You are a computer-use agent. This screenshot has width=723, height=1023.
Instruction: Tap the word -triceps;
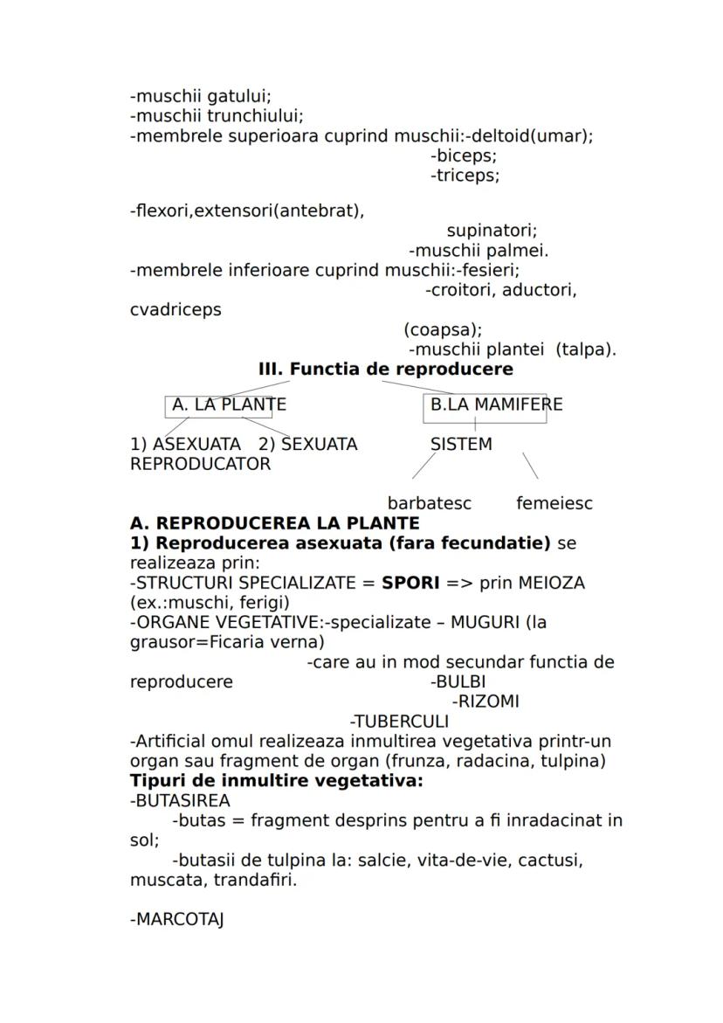(x=465, y=176)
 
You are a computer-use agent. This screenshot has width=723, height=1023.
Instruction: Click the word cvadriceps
(x=176, y=309)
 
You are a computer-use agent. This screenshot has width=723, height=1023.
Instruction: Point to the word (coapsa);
(x=443, y=329)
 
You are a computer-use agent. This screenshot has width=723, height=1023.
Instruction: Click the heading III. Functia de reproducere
(x=386, y=370)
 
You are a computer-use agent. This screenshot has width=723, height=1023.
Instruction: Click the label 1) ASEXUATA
(x=185, y=445)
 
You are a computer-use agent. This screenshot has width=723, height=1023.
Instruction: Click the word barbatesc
(x=429, y=504)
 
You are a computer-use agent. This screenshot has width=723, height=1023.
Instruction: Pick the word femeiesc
(x=554, y=504)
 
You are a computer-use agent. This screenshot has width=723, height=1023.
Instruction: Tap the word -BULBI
(x=458, y=682)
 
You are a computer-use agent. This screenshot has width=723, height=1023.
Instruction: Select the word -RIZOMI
(x=485, y=702)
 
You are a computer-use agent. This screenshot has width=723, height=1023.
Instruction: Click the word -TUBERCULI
(x=399, y=722)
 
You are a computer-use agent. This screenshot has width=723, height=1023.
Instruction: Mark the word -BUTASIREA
(x=180, y=801)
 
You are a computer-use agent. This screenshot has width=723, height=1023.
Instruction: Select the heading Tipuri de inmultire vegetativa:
(x=276, y=781)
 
